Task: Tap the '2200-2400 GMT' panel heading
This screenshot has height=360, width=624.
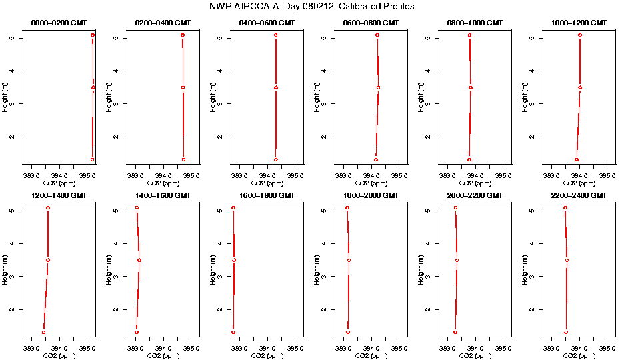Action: pos(579,195)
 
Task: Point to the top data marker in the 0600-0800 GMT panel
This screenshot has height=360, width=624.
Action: pos(377,35)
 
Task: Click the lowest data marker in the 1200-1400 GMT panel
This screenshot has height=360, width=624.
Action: pos(43,332)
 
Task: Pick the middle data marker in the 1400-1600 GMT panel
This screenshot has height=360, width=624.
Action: pos(139,260)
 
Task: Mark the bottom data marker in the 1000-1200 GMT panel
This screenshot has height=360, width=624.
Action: pos(577,159)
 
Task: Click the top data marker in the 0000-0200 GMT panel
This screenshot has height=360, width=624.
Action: pos(93,35)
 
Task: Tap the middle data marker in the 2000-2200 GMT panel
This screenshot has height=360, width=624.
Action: pos(457,260)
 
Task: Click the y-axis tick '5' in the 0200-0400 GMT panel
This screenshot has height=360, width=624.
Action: pos(117,38)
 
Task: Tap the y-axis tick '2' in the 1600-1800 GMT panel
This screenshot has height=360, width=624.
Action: pos(221,309)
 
